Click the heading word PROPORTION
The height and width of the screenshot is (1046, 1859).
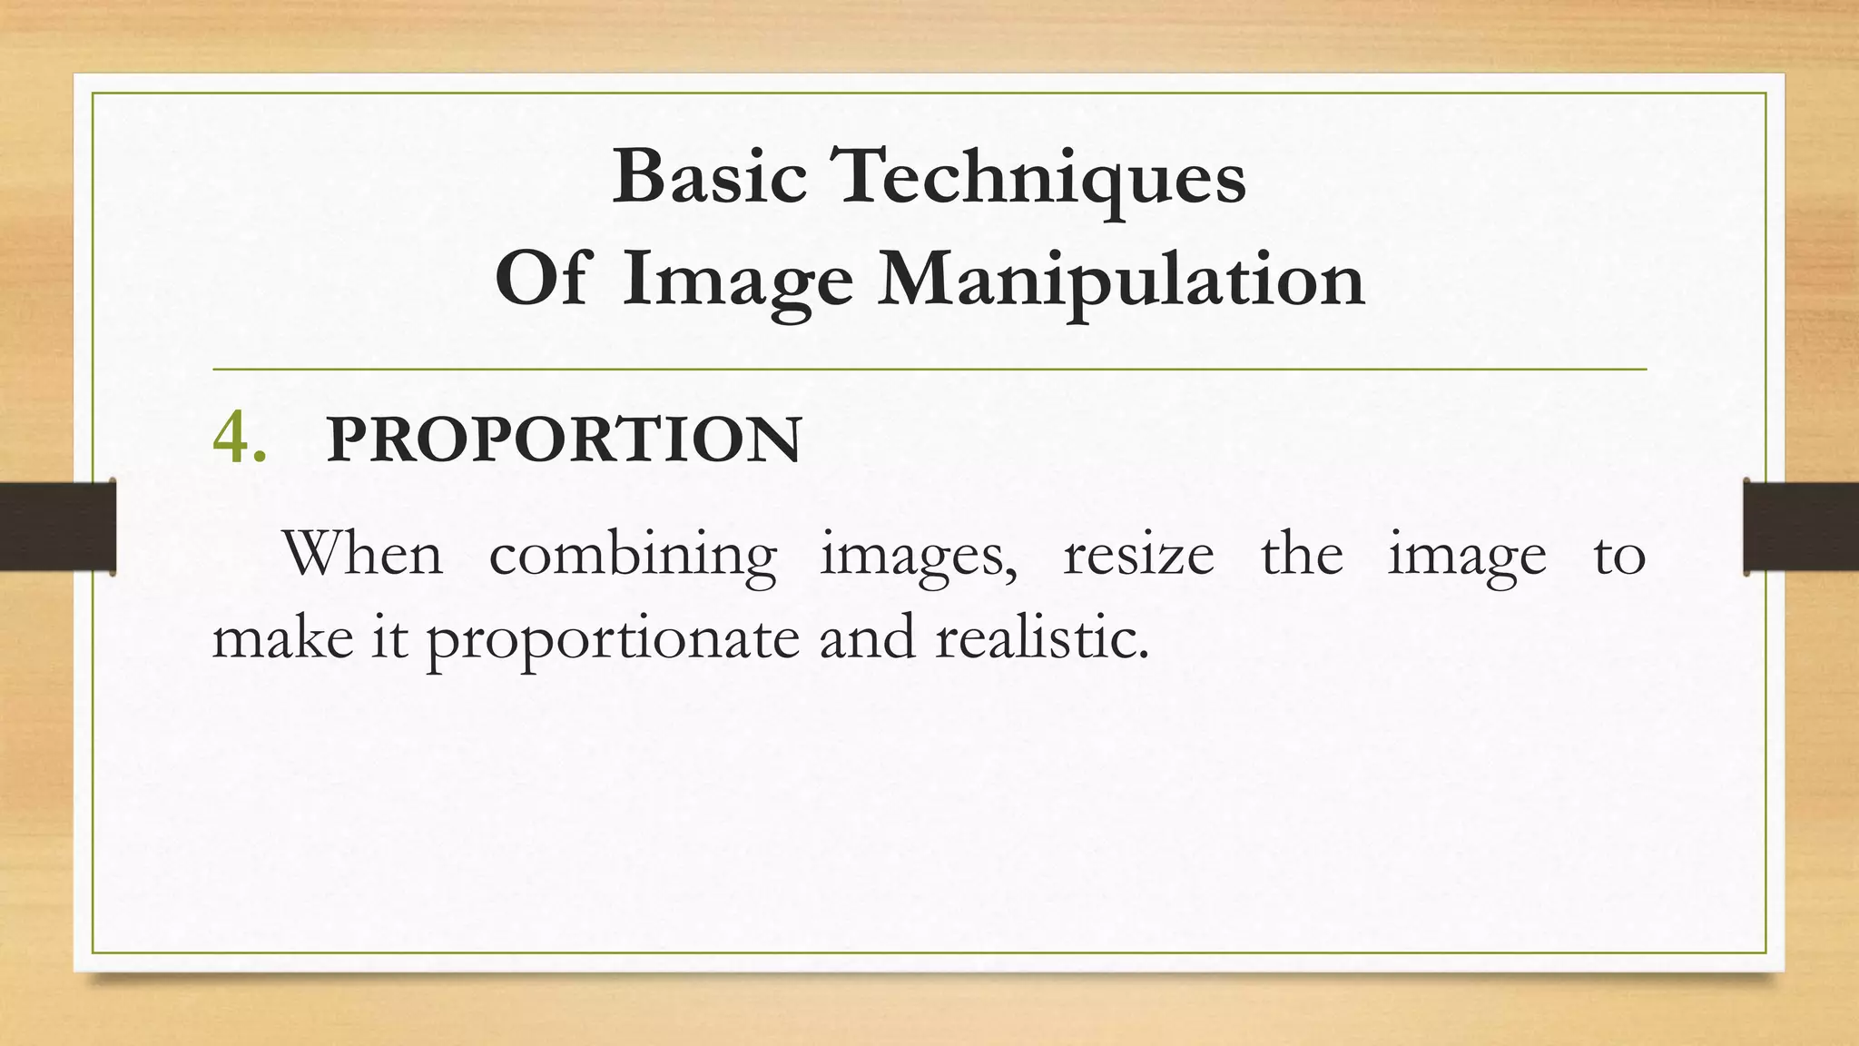564,440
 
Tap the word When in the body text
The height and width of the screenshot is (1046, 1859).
362,553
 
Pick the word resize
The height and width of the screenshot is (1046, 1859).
1138,555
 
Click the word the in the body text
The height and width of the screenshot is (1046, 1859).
1301,553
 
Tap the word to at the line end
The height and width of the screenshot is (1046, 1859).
1618,555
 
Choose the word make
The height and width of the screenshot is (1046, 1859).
282,637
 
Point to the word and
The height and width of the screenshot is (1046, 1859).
867,637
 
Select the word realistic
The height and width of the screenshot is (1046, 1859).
1041,637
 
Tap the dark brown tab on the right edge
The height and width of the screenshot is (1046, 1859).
1801,527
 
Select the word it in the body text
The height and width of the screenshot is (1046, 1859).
388,637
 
